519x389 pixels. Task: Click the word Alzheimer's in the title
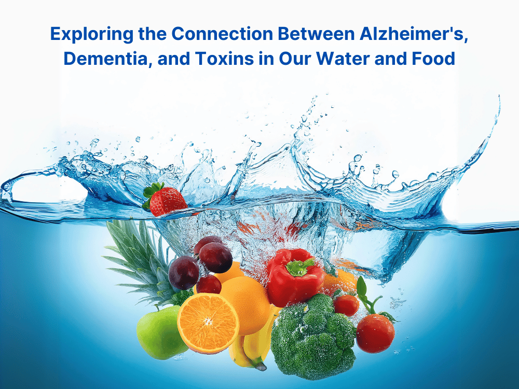click(x=414, y=33)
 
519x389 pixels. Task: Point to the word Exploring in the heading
click(x=92, y=34)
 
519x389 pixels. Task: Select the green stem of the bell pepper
click(x=300, y=267)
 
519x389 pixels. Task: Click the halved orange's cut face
click(x=208, y=323)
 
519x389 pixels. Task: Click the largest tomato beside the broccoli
click(x=375, y=333)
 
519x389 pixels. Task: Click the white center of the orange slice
click(x=208, y=321)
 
